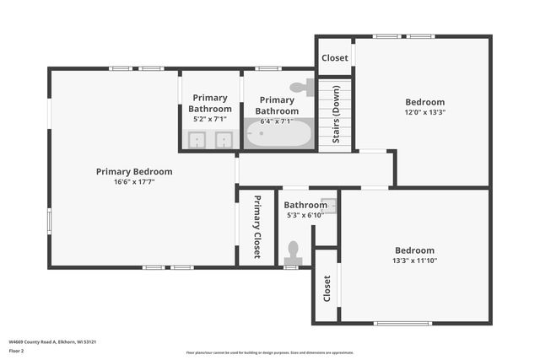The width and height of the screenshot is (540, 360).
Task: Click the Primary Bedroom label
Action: click(x=134, y=171)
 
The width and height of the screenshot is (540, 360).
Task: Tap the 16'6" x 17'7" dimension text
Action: click(x=134, y=181)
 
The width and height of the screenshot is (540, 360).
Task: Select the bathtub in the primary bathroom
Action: click(x=278, y=134)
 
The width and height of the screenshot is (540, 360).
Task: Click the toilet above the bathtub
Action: click(x=301, y=87)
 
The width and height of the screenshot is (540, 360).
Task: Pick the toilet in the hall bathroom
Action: click(x=293, y=251)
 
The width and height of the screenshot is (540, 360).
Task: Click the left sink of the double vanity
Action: click(x=197, y=140)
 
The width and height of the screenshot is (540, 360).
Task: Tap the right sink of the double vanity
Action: click(x=224, y=140)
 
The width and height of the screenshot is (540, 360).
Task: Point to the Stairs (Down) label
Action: click(x=336, y=115)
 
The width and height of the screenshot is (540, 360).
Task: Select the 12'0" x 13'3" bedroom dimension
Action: click(x=424, y=112)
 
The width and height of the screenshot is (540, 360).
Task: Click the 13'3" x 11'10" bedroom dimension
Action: click(x=414, y=261)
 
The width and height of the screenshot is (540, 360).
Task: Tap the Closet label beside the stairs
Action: click(x=335, y=58)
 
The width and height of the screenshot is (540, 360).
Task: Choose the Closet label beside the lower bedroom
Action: click(x=327, y=288)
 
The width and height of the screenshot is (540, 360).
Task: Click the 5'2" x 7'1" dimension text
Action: click(x=210, y=120)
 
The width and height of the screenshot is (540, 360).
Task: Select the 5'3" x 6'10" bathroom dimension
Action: click(x=305, y=215)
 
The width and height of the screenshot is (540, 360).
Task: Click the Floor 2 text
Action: click(x=17, y=351)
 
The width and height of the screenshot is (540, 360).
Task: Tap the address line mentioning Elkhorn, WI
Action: click(x=52, y=341)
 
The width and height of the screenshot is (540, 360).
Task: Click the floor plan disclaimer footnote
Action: click(x=270, y=352)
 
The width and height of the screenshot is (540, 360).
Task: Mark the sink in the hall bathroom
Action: click(x=327, y=205)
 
